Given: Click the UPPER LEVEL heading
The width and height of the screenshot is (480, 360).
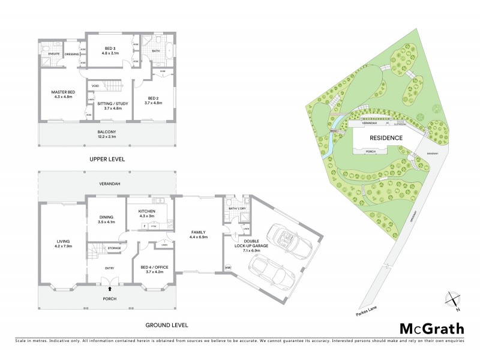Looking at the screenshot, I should [108, 161].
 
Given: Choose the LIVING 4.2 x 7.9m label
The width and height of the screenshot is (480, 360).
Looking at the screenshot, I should [62, 245].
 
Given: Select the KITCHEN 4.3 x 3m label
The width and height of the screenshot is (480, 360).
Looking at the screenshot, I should [147, 214].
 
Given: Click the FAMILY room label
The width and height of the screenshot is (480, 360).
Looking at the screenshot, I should [199, 234].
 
